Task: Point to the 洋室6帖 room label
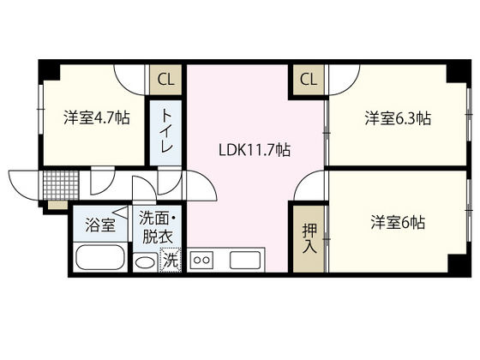[398, 222]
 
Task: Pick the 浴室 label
[99, 225]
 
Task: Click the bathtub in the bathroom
[99, 258]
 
